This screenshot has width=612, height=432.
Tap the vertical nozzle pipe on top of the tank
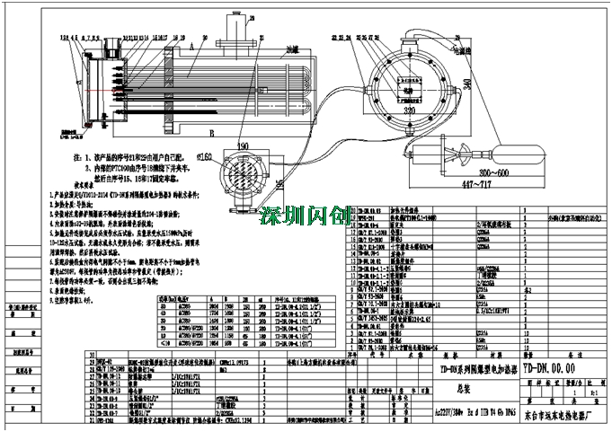tap(241, 31)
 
